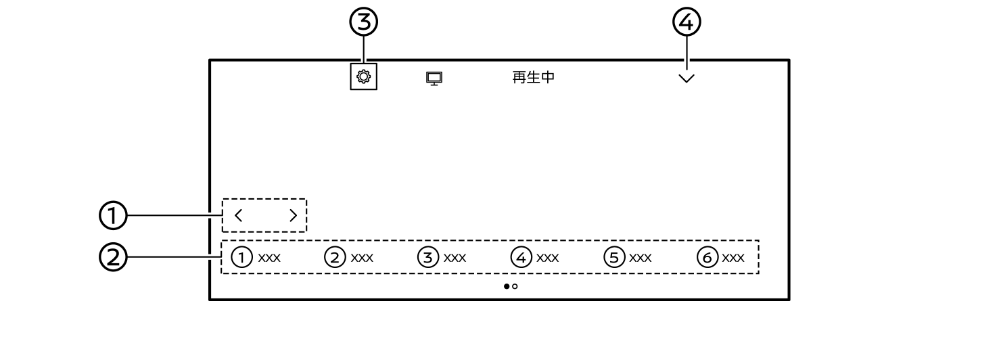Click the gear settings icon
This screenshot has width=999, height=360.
click(363, 76)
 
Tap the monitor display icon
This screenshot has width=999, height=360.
click(434, 78)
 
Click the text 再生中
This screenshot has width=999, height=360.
click(534, 78)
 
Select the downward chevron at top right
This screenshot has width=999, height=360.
click(687, 78)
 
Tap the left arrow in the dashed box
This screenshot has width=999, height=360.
click(238, 215)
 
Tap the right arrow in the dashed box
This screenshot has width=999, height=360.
click(293, 215)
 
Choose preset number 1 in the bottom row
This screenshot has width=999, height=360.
click(241, 257)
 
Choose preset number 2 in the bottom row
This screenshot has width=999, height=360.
click(335, 257)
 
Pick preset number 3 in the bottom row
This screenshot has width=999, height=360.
click(428, 257)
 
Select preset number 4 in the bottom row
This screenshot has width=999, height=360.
click(521, 257)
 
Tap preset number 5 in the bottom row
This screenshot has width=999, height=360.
click(615, 257)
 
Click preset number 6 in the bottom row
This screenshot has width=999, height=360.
click(707, 257)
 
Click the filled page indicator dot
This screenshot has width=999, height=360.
click(507, 286)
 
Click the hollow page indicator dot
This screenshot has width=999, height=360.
click(515, 286)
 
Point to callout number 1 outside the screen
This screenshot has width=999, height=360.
click(113, 215)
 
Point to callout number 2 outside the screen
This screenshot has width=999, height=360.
click(113, 257)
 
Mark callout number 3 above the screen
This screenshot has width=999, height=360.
click(363, 22)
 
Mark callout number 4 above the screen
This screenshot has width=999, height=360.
click(687, 22)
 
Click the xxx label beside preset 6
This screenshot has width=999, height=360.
click(733, 258)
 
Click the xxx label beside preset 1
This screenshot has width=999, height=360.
click(269, 258)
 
